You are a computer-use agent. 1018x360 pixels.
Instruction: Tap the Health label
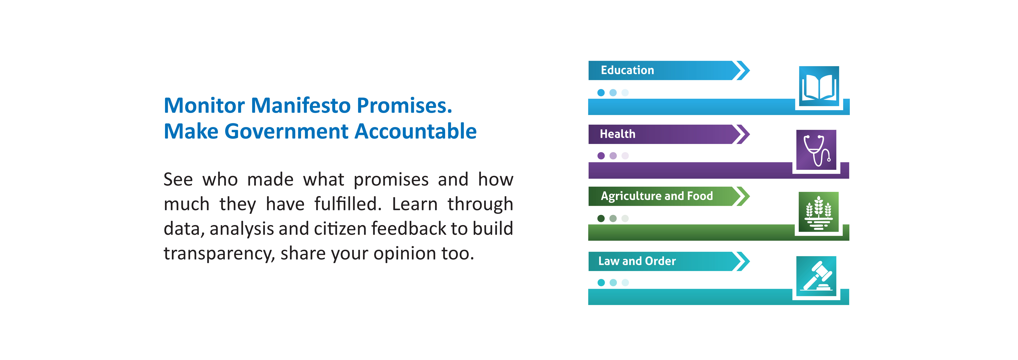coord(617,134)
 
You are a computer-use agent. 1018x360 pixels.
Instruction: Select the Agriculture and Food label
coord(657,196)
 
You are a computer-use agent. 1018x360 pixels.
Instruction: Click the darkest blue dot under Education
coord(601,92)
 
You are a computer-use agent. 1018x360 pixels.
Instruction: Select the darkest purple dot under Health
coord(601,156)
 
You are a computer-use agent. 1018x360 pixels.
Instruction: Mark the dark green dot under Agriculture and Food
coord(601,219)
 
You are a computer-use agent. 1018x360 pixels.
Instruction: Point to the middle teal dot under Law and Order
coord(613,283)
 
